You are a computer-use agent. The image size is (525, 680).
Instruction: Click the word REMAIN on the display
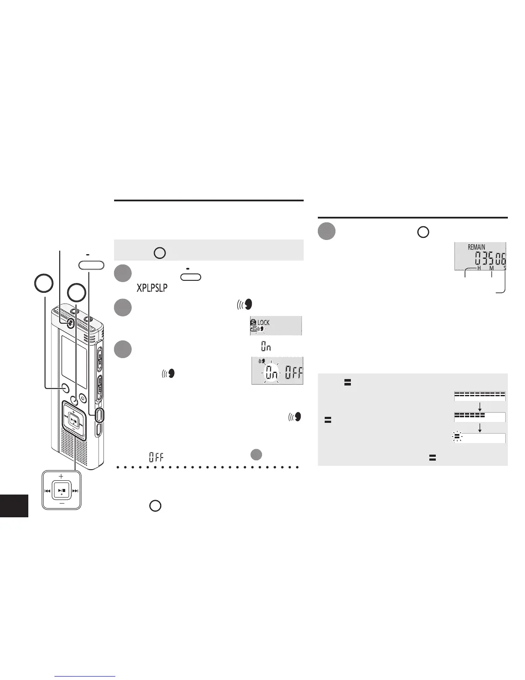477,247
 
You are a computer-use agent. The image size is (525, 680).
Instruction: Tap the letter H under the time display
479,268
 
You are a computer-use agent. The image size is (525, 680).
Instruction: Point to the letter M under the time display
492,268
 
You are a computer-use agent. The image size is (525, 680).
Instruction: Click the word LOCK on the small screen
263,322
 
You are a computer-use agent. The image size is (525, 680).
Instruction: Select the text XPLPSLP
152,288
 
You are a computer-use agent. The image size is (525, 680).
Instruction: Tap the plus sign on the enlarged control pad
61,476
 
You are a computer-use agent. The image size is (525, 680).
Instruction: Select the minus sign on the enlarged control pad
61,505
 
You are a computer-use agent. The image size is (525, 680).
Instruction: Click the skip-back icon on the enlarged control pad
48,491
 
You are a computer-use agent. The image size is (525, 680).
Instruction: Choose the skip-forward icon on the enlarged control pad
75,491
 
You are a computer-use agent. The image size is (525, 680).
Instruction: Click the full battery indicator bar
480,395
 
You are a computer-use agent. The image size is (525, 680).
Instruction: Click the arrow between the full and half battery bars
480,406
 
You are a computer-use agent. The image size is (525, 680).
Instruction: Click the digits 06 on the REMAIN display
501,259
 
